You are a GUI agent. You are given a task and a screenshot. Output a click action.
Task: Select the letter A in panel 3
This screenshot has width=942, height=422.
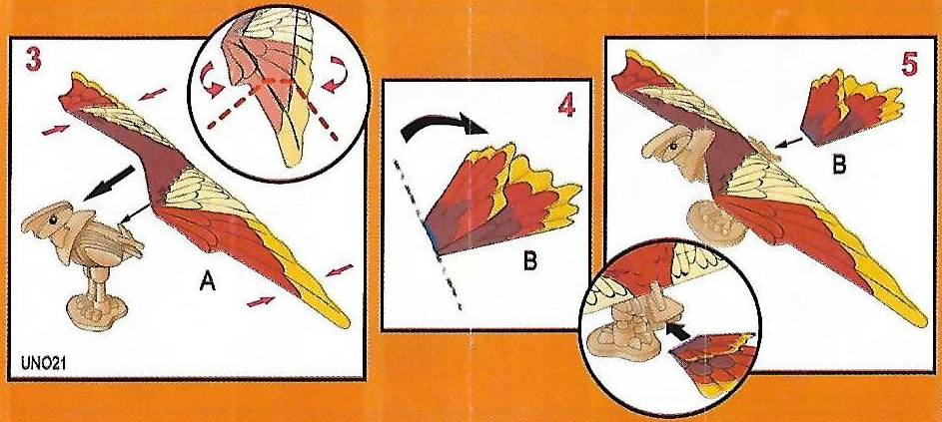pos(208,280)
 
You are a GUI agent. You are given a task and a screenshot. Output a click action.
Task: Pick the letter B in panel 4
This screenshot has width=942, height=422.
pos(529,261)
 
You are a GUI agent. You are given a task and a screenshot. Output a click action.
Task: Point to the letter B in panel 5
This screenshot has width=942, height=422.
pos(838,165)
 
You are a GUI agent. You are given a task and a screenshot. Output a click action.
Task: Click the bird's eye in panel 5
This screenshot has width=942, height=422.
pos(673,146)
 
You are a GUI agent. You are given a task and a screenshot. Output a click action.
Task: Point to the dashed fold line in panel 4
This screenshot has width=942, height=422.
pos(428,235)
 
